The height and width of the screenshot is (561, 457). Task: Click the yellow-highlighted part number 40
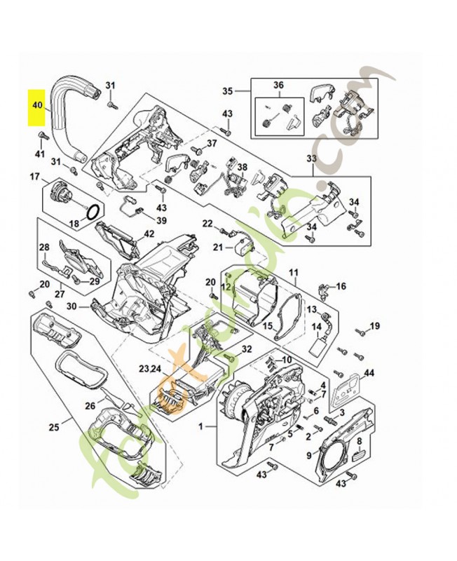[x=37, y=107]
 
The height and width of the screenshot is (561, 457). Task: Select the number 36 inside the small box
[x=278, y=86]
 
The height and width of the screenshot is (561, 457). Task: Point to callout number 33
[x=312, y=158]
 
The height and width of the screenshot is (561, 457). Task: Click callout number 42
[x=149, y=234]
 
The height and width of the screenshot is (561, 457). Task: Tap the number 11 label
[x=294, y=271]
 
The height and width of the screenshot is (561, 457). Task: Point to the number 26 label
[x=90, y=405]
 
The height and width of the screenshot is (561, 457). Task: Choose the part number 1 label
[x=202, y=426]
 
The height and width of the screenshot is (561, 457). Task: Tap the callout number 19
[x=374, y=326]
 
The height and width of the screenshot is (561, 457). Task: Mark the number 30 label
[x=71, y=306]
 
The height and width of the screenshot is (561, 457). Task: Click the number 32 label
[x=246, y=349]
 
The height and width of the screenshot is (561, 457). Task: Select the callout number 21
[x=218, y=247]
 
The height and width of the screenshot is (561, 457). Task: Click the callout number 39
[x=161, y=220]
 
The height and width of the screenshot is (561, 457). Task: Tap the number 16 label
[x=341, y=286]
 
